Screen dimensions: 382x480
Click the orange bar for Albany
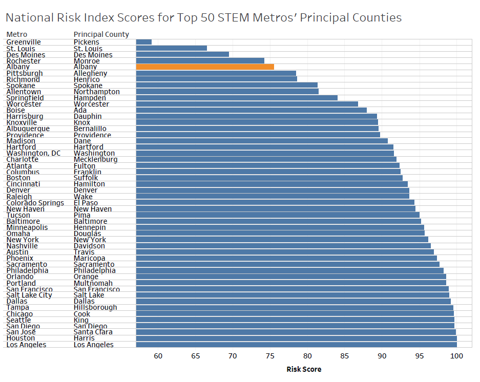(x=205, y=67)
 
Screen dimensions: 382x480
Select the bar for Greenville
(x=144, y=42)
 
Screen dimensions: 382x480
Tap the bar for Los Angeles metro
(x=296, y=345)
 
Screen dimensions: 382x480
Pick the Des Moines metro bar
(x=182, y=54)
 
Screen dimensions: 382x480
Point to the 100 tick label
(x=456, y=356)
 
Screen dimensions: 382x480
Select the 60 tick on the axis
(x=158, y=356)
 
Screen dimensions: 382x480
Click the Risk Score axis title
(x=304, y=369)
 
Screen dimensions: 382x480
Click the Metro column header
(x=17, y=34)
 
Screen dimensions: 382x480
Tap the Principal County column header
(x=101, y=34)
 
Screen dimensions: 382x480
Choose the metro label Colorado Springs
(x=35, y=203)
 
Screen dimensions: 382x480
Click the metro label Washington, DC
(x=33, y=153)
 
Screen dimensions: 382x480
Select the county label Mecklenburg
(x=95, y=159)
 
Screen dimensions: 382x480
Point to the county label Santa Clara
(x=93, y=332)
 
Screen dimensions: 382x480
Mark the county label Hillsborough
(x=95, y=307)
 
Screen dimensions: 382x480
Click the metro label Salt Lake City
(x=29, y=295)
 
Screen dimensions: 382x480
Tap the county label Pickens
(x=87, y=42)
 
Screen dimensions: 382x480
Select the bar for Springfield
(x=237, y=98)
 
